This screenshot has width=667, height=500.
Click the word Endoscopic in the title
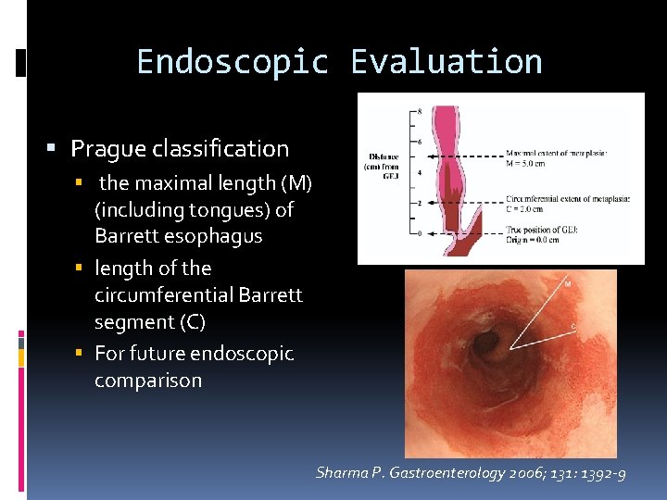pyautogui.click(x=232, y=62)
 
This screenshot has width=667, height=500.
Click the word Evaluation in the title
pyautogui.click(x=447, y=62)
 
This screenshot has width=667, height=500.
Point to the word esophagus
pyautogui.click(x=212, y=236)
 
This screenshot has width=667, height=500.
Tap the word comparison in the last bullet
pyautogui.click(x=148, y=381)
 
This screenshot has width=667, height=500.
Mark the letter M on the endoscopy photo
pyautogui.click(x=567, y=284)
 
